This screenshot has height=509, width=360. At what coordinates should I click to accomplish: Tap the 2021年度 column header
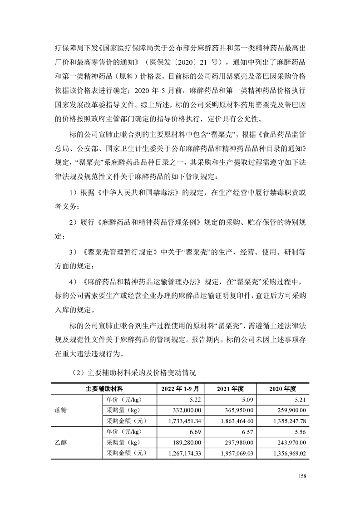coord(231,389)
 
